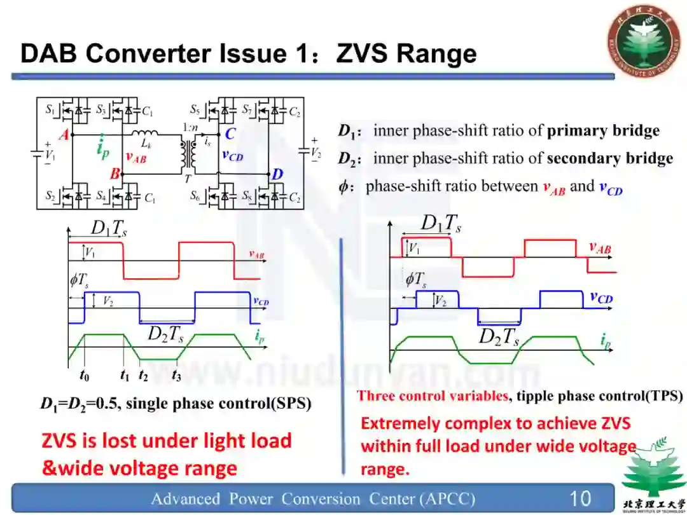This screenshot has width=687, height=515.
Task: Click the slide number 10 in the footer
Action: click(580, 498)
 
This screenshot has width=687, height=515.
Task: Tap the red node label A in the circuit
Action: click(64, 135)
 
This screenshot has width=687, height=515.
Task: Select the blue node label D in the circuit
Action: click(277, 174)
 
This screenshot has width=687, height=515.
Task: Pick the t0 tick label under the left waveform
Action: click(85, 376)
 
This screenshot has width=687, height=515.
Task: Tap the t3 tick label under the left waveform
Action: click(176, 376)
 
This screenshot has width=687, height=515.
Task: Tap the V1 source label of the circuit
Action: click(50, 154)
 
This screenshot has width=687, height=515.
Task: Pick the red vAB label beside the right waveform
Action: click(599, 248)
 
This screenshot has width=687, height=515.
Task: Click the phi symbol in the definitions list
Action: click(343, 186)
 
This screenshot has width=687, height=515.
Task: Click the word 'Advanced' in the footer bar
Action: click(180, 498)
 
